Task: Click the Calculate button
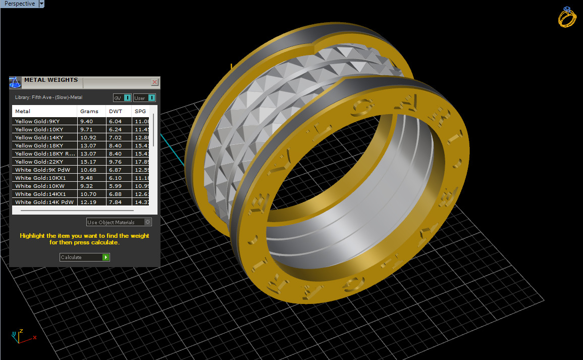pyautogui.click(x=84, y=258)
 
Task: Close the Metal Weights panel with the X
pyautogui.click(x=155, y=82)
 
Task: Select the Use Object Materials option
pyautogui.click(x=119, y=222)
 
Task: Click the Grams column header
pyautogui.click(x=89, y=111)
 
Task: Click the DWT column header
pyautogui.click(x=115, y=111)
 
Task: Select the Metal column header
pyautogui.click(x=23, y=111)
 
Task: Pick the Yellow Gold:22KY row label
pyautogui.click(x=39, y=162)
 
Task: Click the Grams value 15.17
pyautogui.click(x=87, y=162)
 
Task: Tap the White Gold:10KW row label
pyautogui.click(x=37, y=186)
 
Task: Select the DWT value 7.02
pyautogui.click(x=116, y=137)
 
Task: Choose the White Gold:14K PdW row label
pyautogui.click(x=44, y=202)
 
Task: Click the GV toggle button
pyautogui.click(x=122, y=98)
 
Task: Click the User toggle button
pyautogui.click(x=144, y=98)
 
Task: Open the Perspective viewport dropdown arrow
pyautogui.click(x=41, y=4)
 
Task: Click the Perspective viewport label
pyautogui.click(x=19, y=4)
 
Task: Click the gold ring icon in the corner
pyautogui.click(x=567, y=17)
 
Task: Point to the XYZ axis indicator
pyautogui.click(x=20, y=336)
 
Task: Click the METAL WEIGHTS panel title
pyautogui.click(x=51, y=80)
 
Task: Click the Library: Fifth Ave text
pyautogui.click(x=48, y=97)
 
